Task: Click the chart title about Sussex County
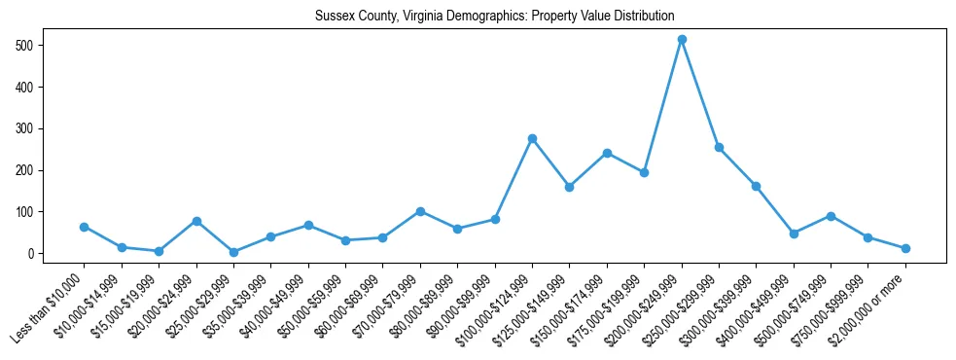(x=494, y=16)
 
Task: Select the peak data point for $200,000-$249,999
(x=682, y=39)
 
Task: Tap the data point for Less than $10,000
(x=85, y=227)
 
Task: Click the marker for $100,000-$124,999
(x=532, y=138)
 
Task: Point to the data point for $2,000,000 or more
(x=905, y=248)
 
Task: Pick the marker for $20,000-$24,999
(x=196, y=221)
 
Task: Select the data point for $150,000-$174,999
(x=607, y=153)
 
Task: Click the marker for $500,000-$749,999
(x=831, y=216)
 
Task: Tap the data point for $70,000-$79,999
(x=420, y=211)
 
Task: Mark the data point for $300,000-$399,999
(x=756, y=186)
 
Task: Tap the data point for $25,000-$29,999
(x=234, y=252)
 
